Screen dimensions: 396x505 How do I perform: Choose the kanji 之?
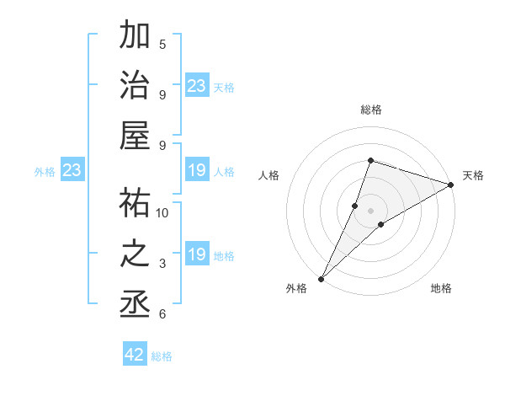pyautogui.click(x=136, y=254)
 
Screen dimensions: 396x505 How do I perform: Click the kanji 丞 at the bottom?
pyautogui.click(x=136, y=303)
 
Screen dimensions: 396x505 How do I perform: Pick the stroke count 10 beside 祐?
pyautogui.click(x=162, y=212)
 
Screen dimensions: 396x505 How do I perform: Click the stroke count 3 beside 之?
pyautogui.click(x=162, y=264)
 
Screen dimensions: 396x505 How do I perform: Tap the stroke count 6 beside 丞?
pyautogui.click(x=162, y=314)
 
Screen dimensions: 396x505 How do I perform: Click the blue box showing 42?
pyautogui.click(x=135, y=355)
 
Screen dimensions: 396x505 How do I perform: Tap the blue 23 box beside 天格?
pyautogui.click(x=197, y=85)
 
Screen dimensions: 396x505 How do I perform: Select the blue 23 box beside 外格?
pyautogui.click(x=72, y=171)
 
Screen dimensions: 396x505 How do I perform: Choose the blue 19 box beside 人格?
pyautogui.click(x=197, y=171)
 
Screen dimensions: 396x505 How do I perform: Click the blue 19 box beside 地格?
pyautogui.click(x=197, y=254)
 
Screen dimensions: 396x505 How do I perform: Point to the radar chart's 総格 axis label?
pyautogui.click(x=371, y=110)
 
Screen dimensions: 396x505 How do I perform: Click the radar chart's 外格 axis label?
pyautogui.click(x=296, y=288)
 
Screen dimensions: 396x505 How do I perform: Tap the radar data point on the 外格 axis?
pyautogui.click(x=322, y=278)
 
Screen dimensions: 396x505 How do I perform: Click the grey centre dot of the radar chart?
pyautogui.click(x=371, y=210)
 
